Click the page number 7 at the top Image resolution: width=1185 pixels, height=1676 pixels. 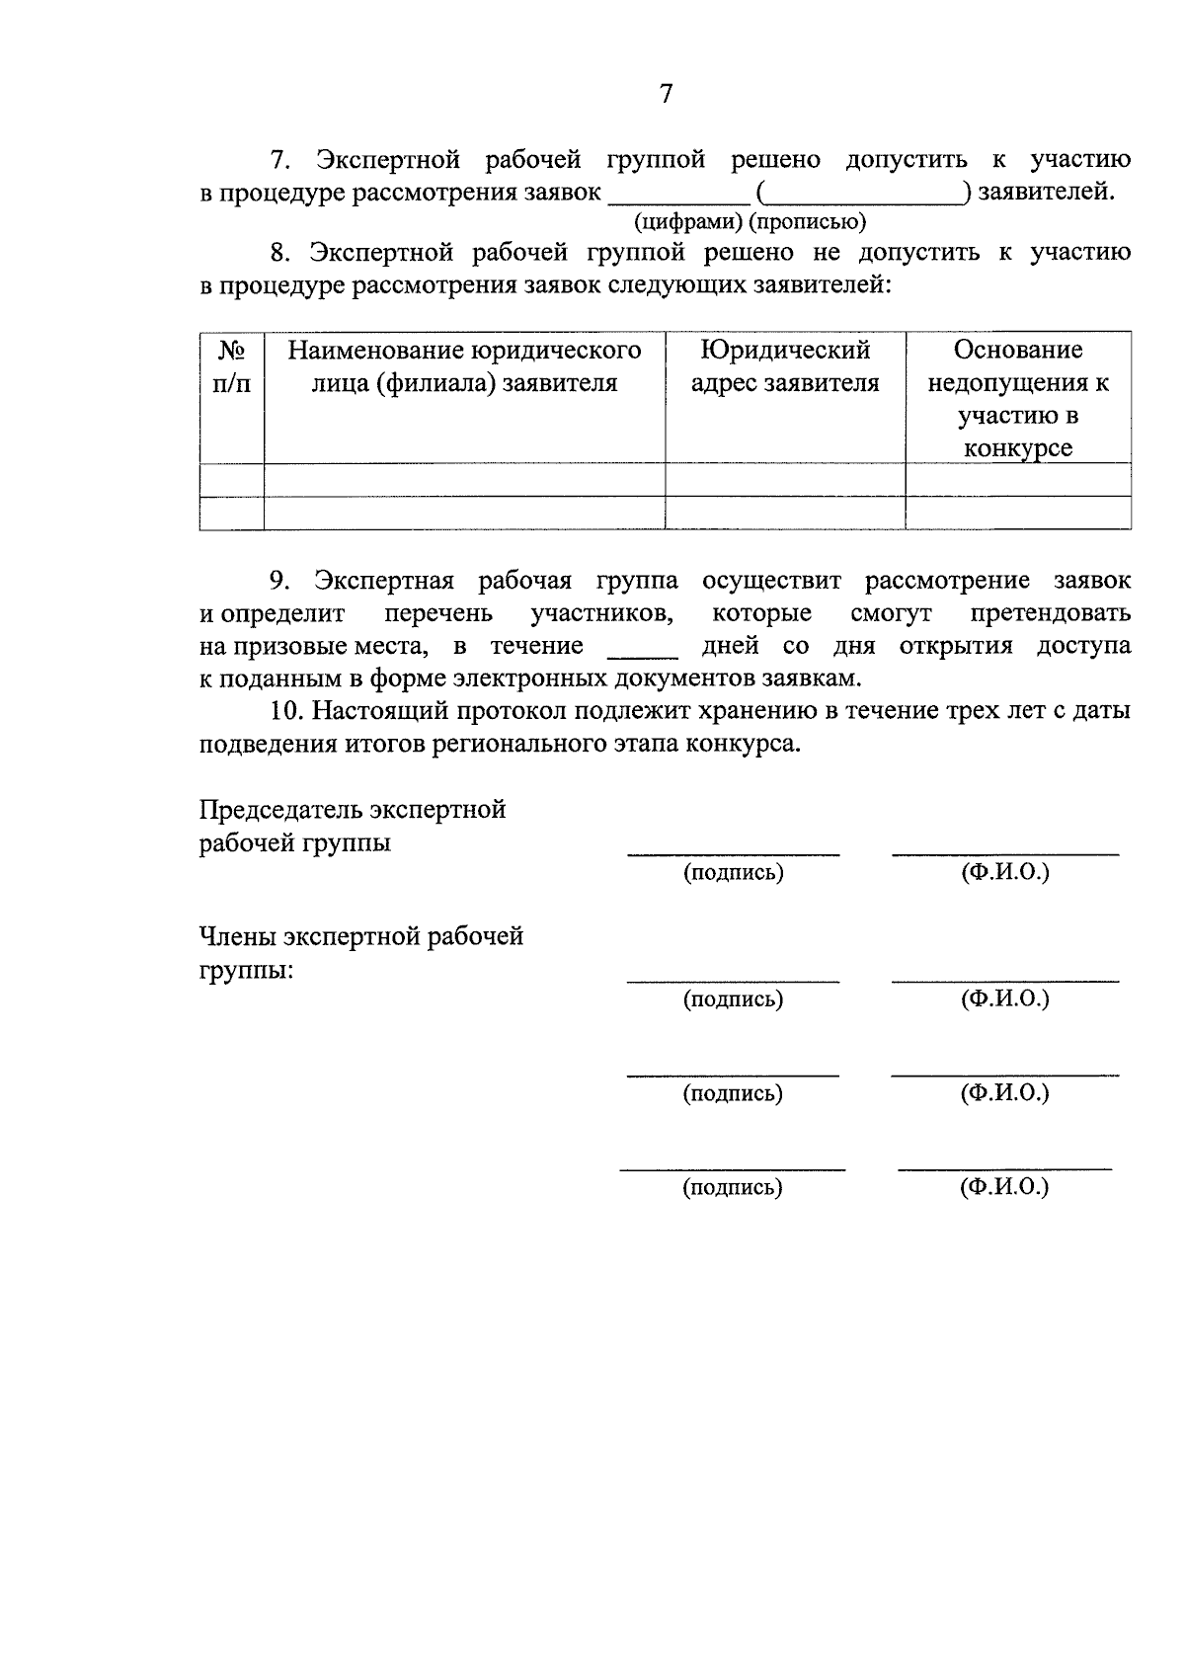tap(666, 94)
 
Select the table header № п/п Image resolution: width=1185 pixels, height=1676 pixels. tap(232, 366)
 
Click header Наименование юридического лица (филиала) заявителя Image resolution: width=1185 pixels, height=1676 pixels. tap(464, 366)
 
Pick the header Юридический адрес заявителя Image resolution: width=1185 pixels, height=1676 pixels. tap(785, 366)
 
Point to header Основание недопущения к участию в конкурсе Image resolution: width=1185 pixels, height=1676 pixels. tap(1018, 398)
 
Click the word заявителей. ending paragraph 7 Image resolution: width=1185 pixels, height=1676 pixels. tap(1046, 192)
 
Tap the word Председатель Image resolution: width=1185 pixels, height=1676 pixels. tap(280, 810)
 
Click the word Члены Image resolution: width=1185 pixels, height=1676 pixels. tap(237, 936)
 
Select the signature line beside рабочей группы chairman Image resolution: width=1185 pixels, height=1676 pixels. tap(733, 851)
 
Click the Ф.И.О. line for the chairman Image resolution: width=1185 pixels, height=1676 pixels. tap(1004, 851)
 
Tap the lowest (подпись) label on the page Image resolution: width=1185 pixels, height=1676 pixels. tap(732, 1188)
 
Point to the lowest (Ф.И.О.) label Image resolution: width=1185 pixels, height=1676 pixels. tap(1004, 1187)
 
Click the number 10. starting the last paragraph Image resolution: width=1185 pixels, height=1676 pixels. tap(286, 711)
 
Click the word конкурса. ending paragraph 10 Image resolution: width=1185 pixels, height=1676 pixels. tap(748, 744)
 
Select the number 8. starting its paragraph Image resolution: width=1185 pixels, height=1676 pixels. tap(280, 253)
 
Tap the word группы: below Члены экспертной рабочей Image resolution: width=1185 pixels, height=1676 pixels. tap(246, 970)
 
